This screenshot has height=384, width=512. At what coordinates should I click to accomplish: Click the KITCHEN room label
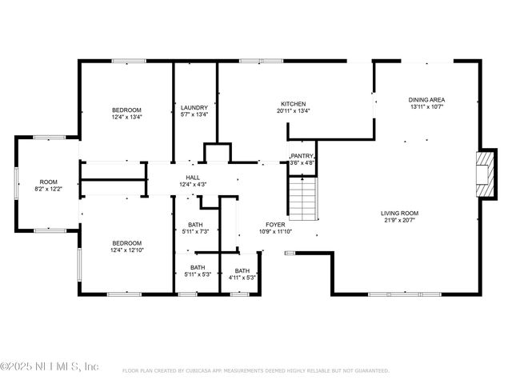click(293, 104)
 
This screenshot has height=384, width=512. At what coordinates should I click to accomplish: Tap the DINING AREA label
click(426, 99)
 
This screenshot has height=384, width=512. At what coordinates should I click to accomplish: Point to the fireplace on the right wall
click(484, 169)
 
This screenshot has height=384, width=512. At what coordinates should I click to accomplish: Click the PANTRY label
click(302, 156)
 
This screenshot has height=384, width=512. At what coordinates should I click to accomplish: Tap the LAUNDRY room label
click(194, 108)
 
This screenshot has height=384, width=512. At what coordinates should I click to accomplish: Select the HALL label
click(193, 178)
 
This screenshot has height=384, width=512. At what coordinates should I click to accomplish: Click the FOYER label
click(274, 225)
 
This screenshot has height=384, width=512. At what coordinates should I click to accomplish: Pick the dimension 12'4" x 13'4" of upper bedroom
click(126, 117)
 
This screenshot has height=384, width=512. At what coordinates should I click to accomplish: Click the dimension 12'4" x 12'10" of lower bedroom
click(126, 250)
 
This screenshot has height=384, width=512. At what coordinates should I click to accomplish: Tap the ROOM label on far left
click(48, 182)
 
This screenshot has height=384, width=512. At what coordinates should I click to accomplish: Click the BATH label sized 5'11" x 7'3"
click(196, 225)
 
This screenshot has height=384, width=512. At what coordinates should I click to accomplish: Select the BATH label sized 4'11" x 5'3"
click(242, 271)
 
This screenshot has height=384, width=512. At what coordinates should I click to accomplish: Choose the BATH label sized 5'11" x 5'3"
click(197, 268)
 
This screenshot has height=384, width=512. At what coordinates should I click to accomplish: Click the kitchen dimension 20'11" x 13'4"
click(293, 111)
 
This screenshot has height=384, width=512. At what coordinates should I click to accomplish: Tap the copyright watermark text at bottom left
click(50, 366)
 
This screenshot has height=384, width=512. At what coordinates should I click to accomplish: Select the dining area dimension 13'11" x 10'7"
click(426, 106)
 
